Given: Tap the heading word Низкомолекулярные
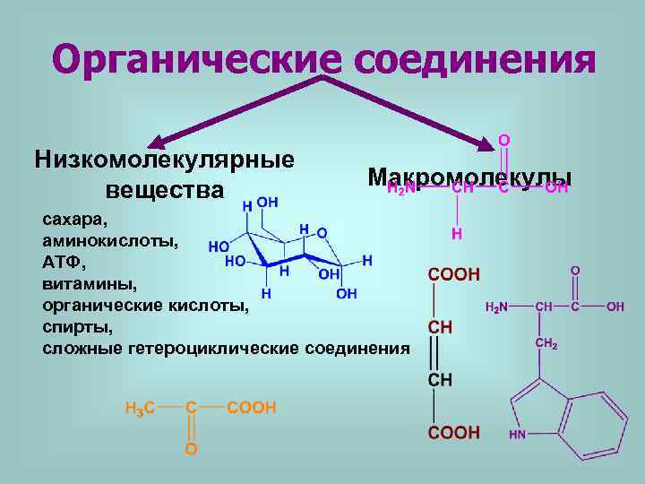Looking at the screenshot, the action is click(165, 160).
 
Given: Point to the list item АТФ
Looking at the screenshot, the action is click(64, 263).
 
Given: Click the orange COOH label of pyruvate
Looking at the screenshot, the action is click(252, 408).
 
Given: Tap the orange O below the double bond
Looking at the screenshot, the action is click(191, 447).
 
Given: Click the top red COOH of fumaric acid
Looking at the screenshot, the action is click(454, 273).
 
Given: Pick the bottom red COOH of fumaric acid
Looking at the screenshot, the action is click(454, 433).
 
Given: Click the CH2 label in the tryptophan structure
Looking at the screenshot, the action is click(546, 343).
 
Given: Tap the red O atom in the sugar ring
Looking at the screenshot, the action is click(322, 233).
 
